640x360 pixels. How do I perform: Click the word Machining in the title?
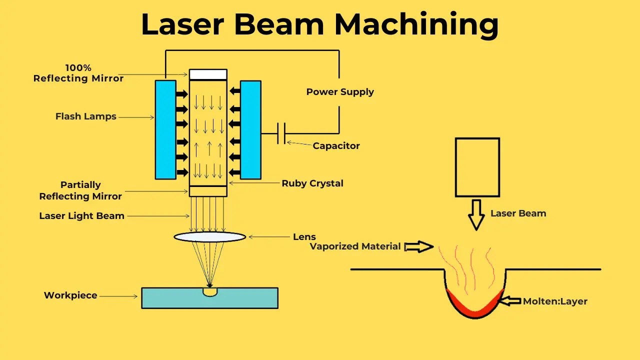pos(416,24)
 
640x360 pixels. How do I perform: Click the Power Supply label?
pos(340,92)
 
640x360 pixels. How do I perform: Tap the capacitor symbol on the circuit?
pos(281,134)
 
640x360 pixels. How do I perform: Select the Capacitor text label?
pos(336,146)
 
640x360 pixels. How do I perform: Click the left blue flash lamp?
pos(165,129)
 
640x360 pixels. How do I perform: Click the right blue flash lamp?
pos(250,129)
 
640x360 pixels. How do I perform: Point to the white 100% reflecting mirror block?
pos(208,74)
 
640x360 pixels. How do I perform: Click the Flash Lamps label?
pos(85,116)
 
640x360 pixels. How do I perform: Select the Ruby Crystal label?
pos(312,183)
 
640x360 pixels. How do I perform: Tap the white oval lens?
pos(210,236)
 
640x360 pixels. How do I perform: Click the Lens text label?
pos(304,236)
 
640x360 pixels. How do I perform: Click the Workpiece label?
pos(70,295)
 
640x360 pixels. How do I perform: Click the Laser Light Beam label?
pos(81,216)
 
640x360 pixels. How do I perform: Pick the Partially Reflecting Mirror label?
pos(80,190)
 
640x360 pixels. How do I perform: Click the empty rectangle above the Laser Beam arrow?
pos(477,167)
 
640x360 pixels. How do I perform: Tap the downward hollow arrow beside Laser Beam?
pos(476,214)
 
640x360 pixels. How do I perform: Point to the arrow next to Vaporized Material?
pos(418,246)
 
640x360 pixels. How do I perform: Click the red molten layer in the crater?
pos(474,310)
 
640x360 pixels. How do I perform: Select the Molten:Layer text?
pos(555,301)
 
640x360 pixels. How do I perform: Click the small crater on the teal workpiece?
pos(210,291)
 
